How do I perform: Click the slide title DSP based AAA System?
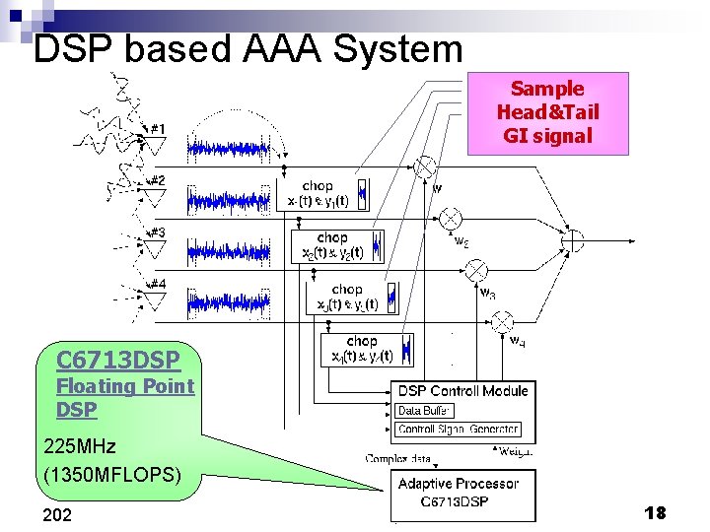coord(248,48)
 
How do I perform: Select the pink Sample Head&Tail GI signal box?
coord(547,113)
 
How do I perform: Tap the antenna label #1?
coord(158,128)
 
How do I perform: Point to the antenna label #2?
coord(157,180)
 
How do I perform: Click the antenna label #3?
coord(157,233)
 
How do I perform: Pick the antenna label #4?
coord(157,284)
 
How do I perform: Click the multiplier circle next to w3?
coord(476,268)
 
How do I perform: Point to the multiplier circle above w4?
coord(503,321)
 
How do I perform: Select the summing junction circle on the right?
coord(572,240)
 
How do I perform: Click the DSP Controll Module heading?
coord(462,391)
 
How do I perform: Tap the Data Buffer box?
coord(424,410)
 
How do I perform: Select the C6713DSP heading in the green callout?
coord(104,359)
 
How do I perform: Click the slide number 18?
coord(655,512)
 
